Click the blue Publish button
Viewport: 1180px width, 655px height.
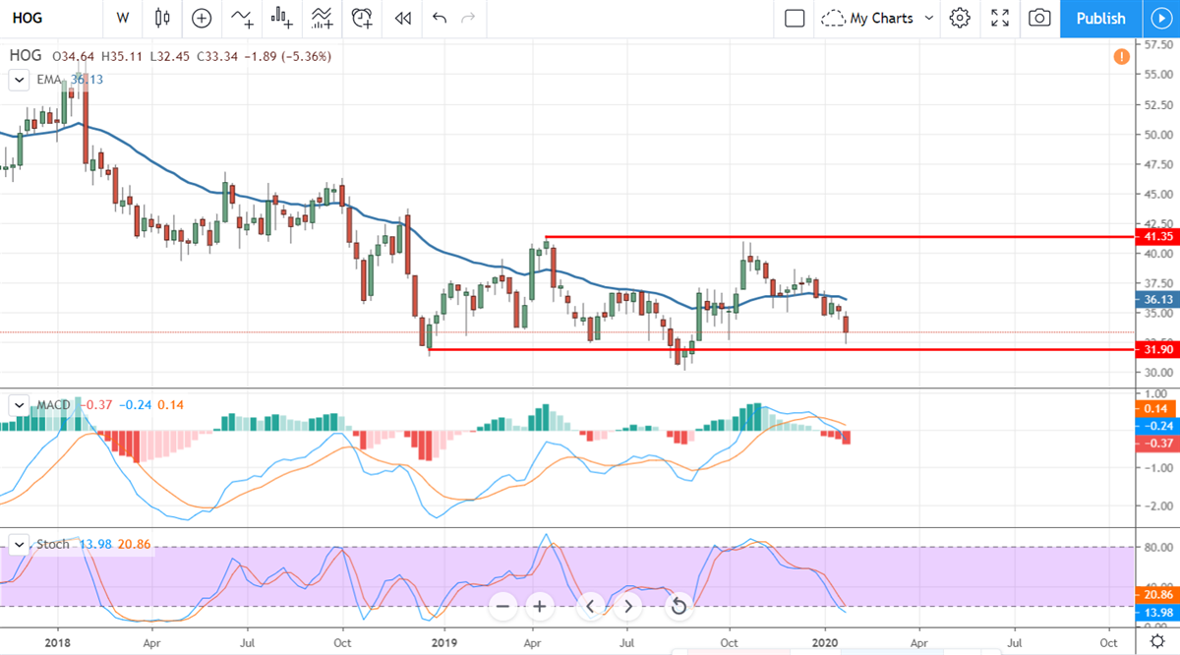point(1100,18)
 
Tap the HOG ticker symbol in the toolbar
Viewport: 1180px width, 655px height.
point(27,18)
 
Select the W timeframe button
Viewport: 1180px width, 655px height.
point(122,18)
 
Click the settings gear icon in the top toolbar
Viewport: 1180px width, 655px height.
point(960,18)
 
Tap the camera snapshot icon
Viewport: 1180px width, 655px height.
point(1039,18)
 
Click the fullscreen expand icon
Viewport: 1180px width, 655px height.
point(1000,18)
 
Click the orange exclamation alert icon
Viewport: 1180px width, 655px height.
point(1121,57)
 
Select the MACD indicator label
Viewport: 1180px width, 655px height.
point(53,405)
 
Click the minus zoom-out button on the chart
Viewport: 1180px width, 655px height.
point(502,606)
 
